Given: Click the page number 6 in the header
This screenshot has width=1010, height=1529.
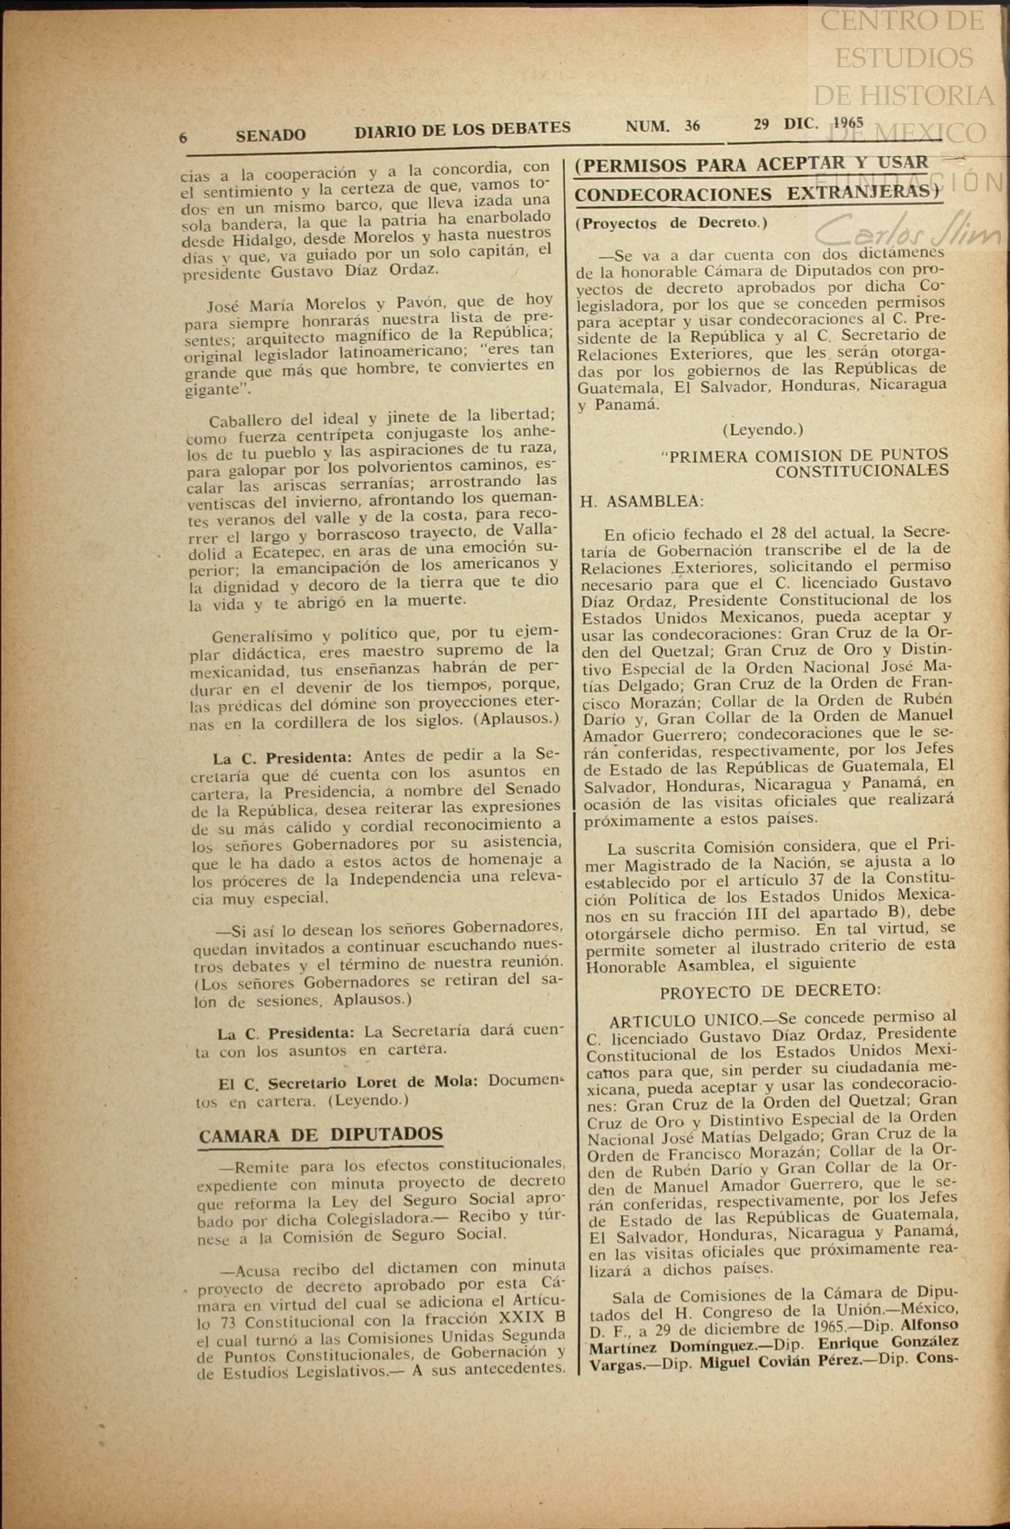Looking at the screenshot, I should click(x=183, y=138).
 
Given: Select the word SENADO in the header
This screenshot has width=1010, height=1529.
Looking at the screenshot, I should click(x=270, y=135).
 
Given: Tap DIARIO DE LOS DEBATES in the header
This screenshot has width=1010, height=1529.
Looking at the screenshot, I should click(x=462, y=129).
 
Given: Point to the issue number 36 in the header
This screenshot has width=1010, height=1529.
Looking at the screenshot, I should click(x=692, y=125).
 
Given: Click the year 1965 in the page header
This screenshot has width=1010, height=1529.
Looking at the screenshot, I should click(x=848, y=122).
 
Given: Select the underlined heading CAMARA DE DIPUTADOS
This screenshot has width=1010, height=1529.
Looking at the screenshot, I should click(x=320, y=1135).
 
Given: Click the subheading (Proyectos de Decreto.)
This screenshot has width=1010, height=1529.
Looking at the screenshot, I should click(x=671, y=223).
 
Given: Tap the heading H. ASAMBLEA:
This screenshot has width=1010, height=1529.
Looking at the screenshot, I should click(x=641, y=501).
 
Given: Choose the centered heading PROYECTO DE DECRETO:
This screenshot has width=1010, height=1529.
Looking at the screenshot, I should click(x=770, y=991).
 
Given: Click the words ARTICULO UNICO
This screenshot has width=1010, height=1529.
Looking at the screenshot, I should click(x=684, y=1021).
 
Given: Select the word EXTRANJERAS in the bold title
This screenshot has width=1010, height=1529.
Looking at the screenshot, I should click(x=857, y=194).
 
